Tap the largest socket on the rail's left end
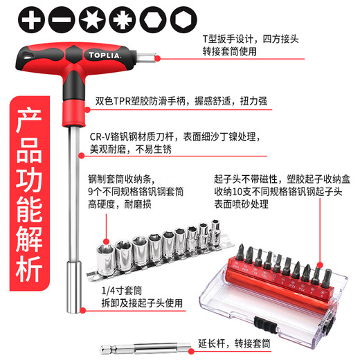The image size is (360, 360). (x=105, y=254)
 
